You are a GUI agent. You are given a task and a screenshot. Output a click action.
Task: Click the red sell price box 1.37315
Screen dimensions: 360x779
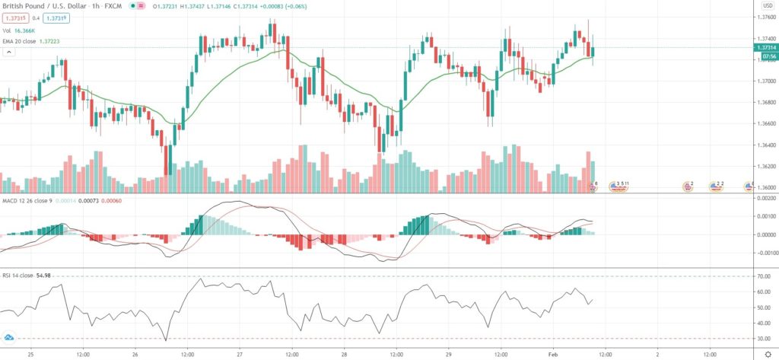(x=14, y=18)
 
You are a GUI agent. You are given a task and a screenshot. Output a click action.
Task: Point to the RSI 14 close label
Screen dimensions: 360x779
(x=22, y=269)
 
